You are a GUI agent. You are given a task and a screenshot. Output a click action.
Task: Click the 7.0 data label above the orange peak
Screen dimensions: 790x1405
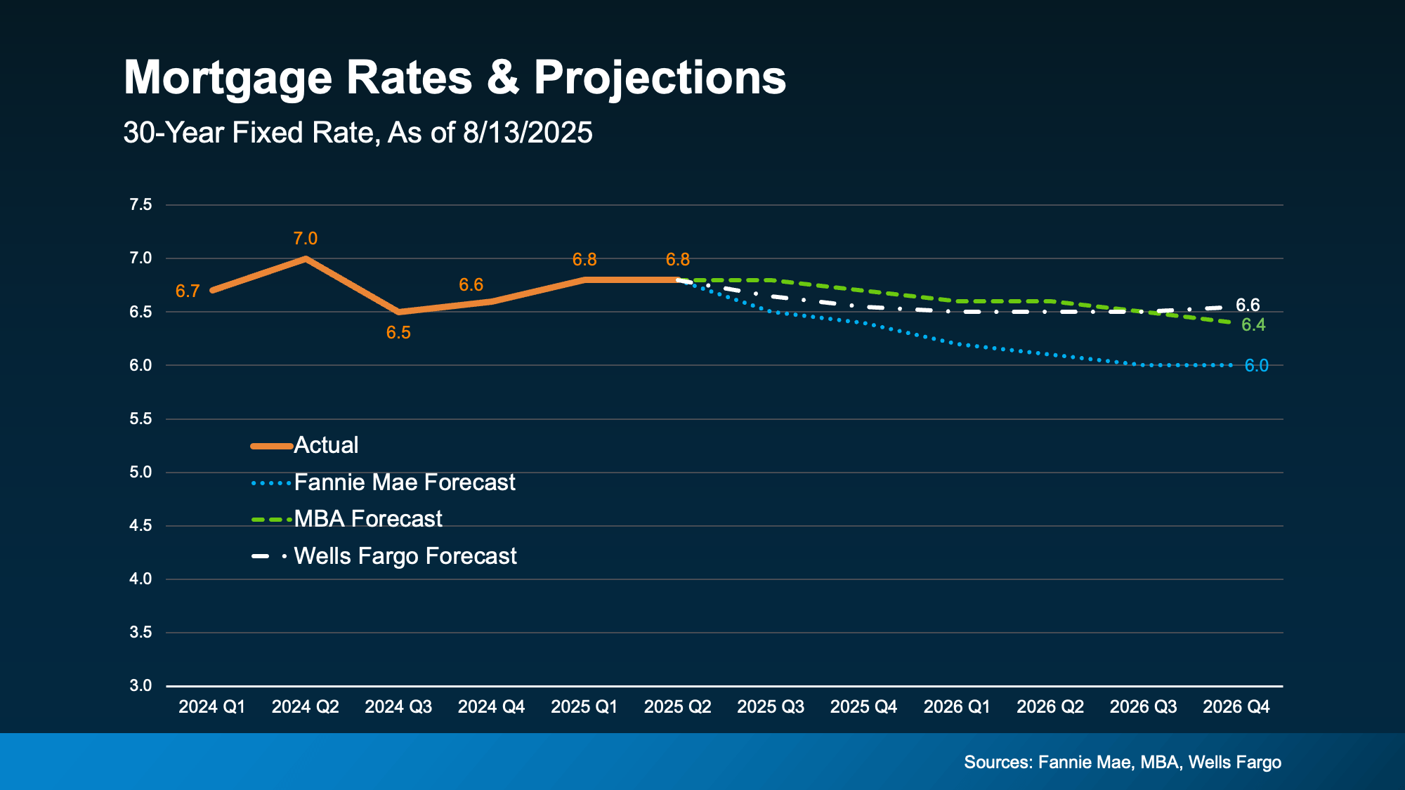tap(305, 239)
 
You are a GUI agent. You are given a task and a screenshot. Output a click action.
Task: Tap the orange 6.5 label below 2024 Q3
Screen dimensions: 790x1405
tap(398, 333)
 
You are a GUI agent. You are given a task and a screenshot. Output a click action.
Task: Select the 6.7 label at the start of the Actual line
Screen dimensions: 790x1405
tap(188, 291)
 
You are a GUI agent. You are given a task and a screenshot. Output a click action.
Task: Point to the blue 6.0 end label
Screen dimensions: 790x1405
tap(1256, 366)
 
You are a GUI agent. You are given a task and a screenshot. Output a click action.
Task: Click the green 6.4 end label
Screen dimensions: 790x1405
tap(1253, 325)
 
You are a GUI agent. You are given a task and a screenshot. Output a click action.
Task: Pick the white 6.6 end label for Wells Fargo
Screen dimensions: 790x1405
tap(1248, 305)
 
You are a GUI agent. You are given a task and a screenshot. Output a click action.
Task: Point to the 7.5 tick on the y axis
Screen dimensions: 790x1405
tap(140, 205)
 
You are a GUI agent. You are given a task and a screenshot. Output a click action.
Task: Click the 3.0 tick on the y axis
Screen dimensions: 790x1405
tap(140, 686)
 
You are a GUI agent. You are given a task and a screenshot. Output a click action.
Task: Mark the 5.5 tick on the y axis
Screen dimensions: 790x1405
tap(140, 419)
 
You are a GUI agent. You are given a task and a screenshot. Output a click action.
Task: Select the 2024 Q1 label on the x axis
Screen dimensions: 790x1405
tap(211, 707)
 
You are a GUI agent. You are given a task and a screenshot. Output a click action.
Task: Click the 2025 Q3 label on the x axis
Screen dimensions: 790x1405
tap(770, 707)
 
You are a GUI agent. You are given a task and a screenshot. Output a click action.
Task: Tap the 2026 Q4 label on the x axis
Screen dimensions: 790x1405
tap(1236, 707)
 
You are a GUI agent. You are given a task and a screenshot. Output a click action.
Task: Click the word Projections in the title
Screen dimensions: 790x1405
tap(660, 78)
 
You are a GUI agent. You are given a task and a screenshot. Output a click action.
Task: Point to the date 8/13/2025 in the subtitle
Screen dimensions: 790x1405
tap(528, 133)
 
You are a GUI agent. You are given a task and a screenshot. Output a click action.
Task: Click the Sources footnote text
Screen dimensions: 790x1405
tap(1122, 763)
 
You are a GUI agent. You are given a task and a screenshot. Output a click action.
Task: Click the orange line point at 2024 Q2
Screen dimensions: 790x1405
tap(305, 258)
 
